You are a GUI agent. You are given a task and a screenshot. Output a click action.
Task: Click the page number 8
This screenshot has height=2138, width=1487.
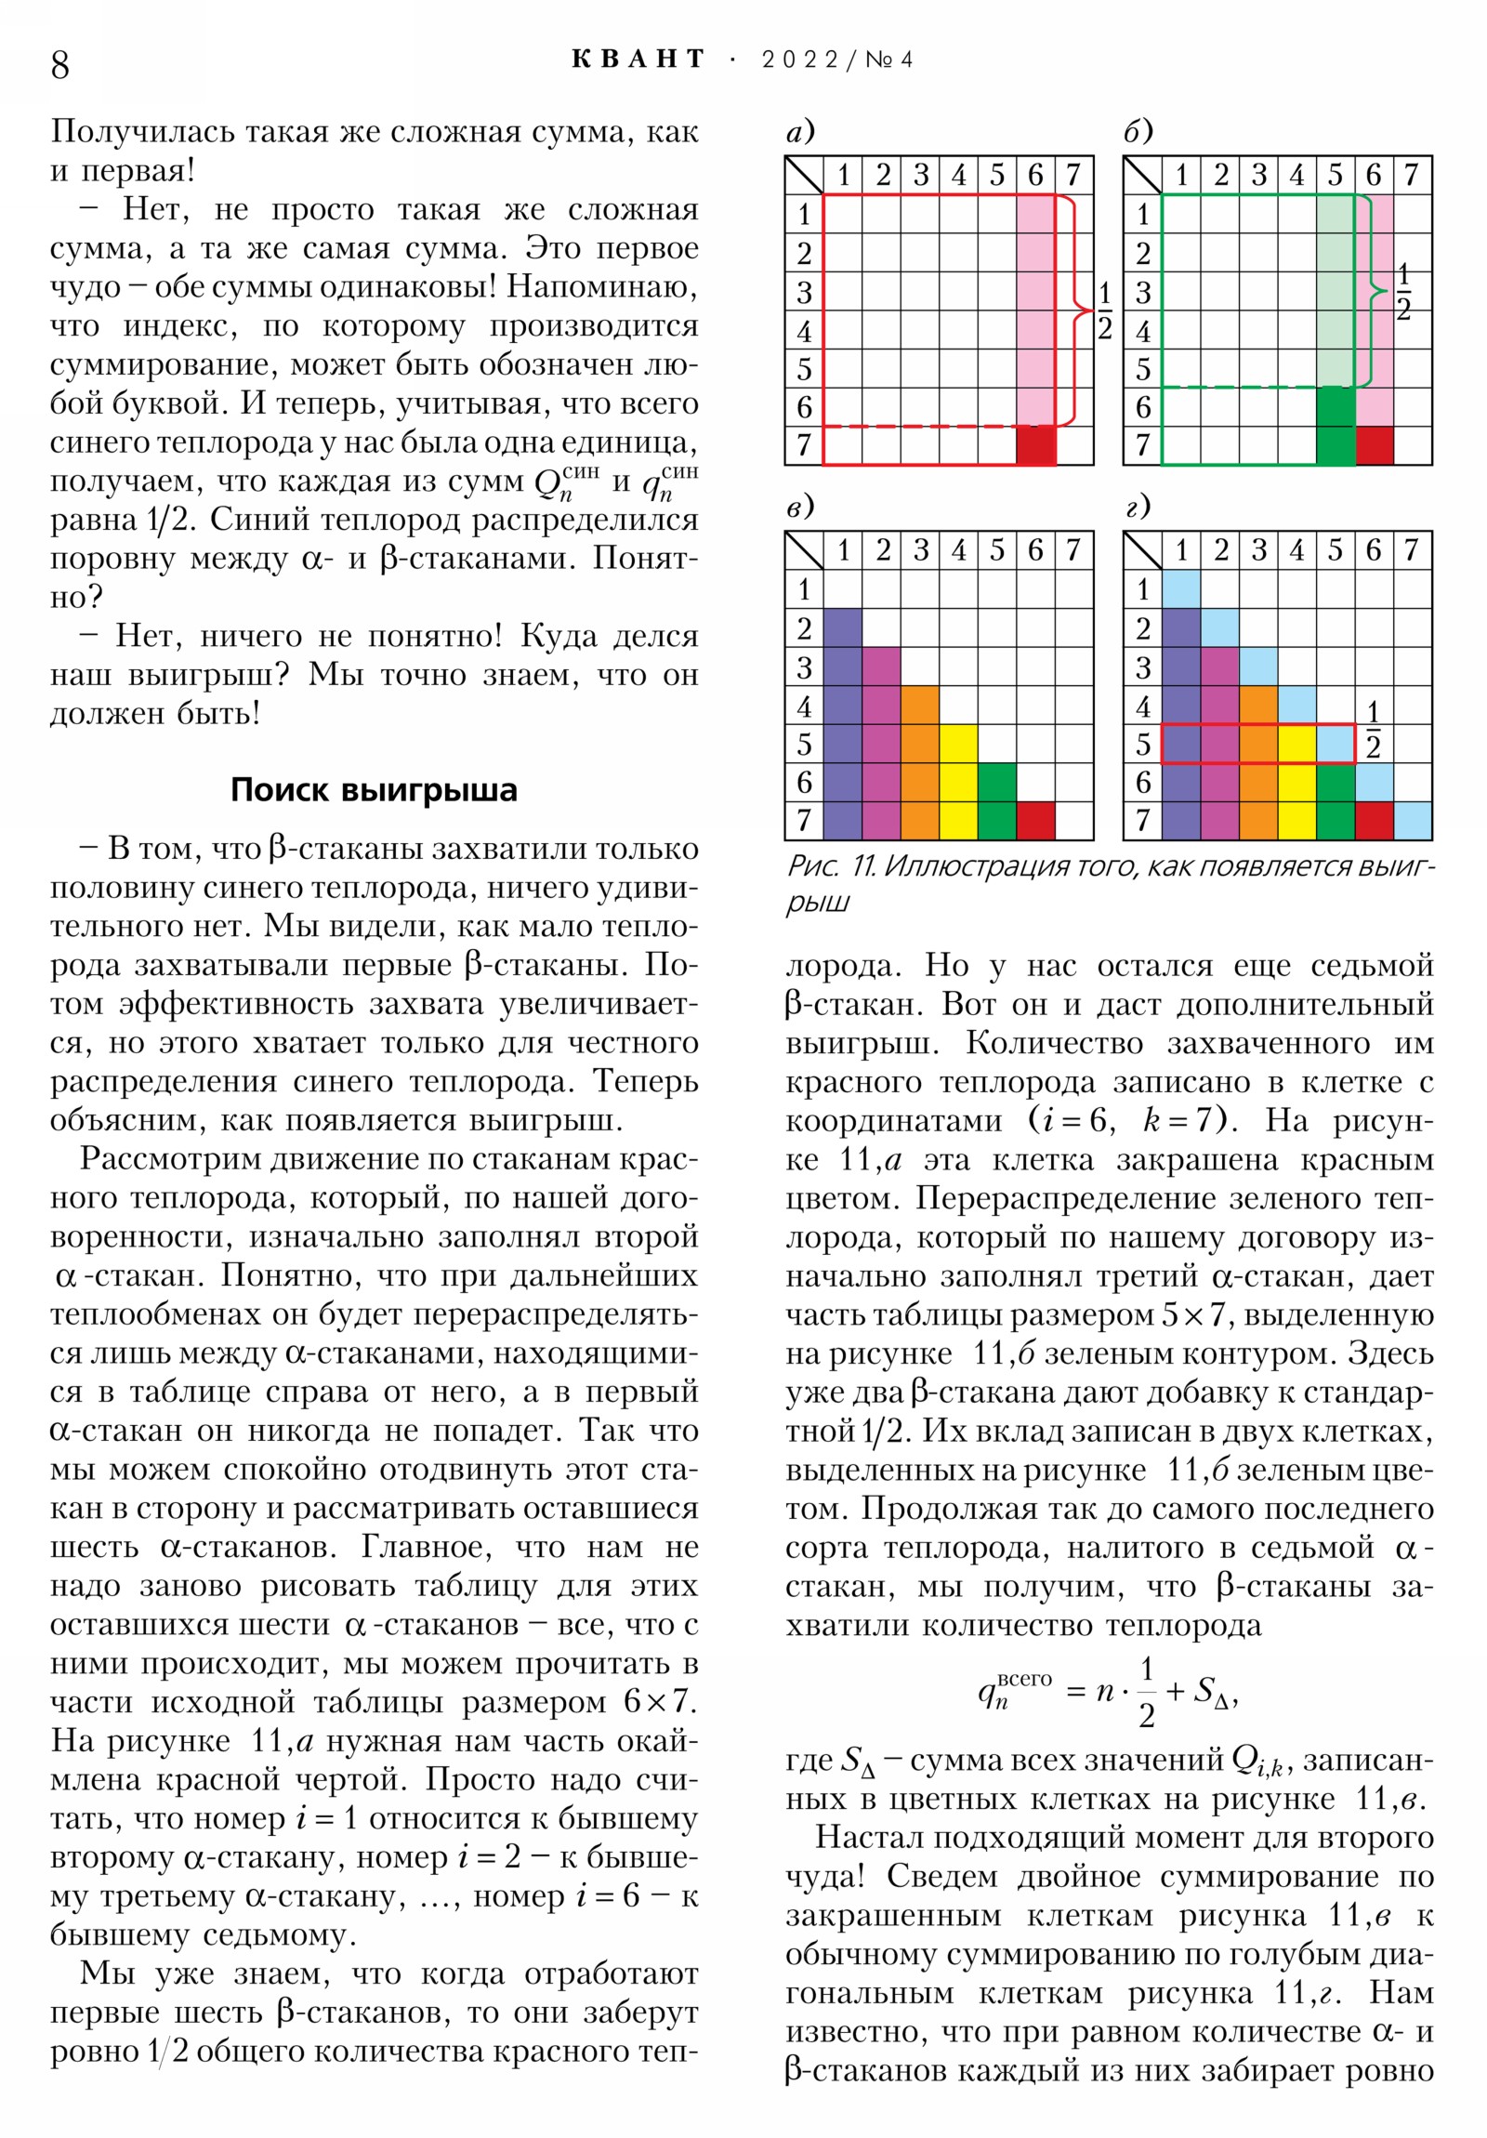(x=60, y=64)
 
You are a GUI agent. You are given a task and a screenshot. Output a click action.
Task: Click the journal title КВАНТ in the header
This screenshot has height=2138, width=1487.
(x=638, y=59)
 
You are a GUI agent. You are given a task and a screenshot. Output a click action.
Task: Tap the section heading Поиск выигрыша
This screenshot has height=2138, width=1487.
(x=374, y=789)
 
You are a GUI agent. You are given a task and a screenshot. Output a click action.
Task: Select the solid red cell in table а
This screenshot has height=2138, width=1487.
(x=1035, y=445)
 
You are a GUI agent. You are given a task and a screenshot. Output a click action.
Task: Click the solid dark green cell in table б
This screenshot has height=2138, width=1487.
(x=1336, y=426)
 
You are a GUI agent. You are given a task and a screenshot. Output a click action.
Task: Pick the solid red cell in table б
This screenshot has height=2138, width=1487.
(x=1375, y=445)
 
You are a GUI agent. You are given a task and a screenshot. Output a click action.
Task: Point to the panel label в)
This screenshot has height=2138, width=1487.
(x=800, y=508)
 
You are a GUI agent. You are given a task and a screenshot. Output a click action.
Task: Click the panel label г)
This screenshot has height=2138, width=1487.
(x=1138, y=508)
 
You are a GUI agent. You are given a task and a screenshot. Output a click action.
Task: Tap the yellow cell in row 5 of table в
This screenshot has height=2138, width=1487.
(x=958, y=744)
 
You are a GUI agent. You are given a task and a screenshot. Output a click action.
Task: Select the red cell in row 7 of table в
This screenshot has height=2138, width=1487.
(x=1035, y=821)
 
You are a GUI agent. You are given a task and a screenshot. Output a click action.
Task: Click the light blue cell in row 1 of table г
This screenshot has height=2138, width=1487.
(x=1181, y=589)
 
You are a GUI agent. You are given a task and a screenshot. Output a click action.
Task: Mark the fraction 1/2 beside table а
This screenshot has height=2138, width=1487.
(x=1104, y=310)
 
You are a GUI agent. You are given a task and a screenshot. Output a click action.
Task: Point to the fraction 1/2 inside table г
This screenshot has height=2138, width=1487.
(x=1373, y=731)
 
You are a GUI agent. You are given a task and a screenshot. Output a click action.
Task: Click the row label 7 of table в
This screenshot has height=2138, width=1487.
(x=804, y=821)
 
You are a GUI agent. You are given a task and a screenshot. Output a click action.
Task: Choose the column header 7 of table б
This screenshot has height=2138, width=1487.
(x=1412, y=175)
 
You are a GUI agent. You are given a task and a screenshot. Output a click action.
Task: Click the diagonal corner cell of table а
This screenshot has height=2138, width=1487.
(x=805, y=175)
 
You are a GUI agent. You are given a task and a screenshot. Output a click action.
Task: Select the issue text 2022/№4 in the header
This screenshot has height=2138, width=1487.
(x=836, y=59)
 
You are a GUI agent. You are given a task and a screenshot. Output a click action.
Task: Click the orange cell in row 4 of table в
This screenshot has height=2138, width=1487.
(x=920, y=706)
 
